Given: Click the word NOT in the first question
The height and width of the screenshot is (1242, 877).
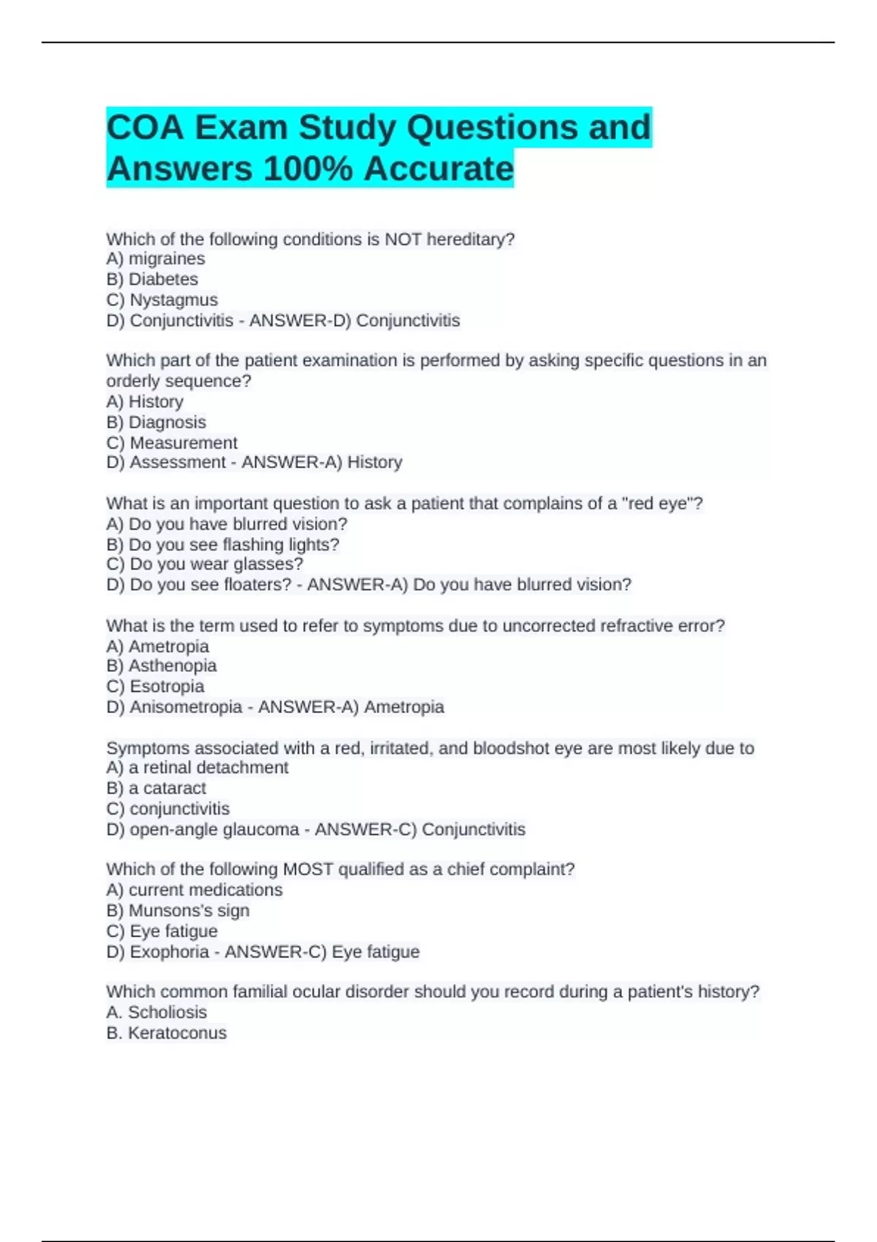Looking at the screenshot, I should point(403,239).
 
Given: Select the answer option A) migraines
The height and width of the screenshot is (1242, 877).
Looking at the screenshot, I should point(156,259).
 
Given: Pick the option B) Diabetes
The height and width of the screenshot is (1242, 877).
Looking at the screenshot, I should point(152,279).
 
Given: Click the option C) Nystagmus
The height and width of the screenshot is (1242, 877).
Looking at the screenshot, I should point(162,300).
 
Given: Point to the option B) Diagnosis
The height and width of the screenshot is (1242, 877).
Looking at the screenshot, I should point(156,422).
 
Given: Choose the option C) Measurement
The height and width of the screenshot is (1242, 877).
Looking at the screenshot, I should point(172,443).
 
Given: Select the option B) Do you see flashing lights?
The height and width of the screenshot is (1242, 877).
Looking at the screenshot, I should point(223,544).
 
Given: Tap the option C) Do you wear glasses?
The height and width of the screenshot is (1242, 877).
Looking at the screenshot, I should point(205,564).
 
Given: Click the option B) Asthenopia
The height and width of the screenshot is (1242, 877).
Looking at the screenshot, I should point(162,666).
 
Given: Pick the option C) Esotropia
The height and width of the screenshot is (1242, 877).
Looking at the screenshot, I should point(156,686).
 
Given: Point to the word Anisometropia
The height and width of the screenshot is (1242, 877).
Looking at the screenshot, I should point(186,706).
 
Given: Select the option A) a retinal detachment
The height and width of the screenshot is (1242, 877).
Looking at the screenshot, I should point(197,767).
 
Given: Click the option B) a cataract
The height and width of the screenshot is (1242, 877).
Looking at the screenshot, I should point(156,788).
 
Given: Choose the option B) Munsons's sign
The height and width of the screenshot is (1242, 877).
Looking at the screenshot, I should point(178,910).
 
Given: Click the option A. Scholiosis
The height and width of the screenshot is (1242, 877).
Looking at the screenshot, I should point(156,1012).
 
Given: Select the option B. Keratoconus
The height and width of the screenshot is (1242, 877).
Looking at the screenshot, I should point(167,1032).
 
